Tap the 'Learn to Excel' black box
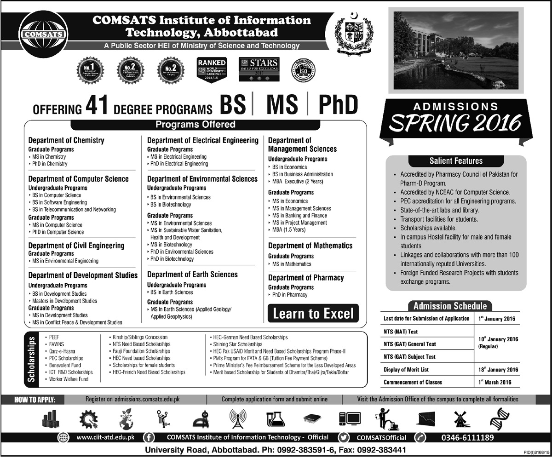pyautogui.click(x=313, y=313)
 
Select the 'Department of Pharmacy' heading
pyautogui.click(x=306, y=278)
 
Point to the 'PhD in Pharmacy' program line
pyautogui.click(x=289, y=295)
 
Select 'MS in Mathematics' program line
pyautogui.click(x=291, y=264)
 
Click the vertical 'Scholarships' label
pyautogui.click(x=31, y=359)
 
